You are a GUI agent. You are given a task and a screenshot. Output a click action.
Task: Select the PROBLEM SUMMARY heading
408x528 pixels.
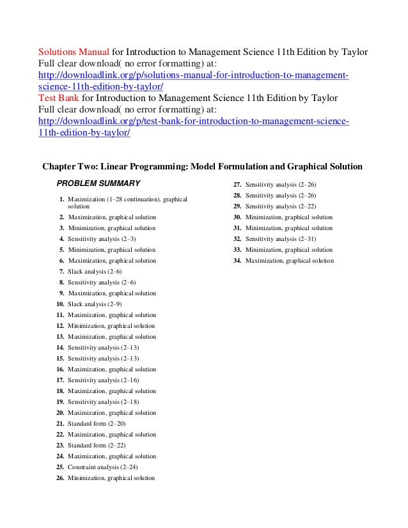(x=98, y=184)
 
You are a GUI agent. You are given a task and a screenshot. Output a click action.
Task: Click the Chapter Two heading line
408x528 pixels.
(x=202, y=167)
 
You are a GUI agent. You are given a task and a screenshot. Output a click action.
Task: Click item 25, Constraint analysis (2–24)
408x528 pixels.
(x=102, y=467)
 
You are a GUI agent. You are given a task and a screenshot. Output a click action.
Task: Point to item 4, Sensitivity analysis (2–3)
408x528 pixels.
(x=102, y=239)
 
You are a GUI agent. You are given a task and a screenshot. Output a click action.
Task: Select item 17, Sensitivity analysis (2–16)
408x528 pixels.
(x=103, y=380)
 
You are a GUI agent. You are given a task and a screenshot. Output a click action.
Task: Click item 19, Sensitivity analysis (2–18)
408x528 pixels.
(x=103, y=402)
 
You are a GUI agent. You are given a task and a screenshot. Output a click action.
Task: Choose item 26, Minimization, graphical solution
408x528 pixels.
(x=111, y=478)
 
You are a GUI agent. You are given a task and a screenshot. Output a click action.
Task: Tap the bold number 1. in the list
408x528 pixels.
(x=62, y=199)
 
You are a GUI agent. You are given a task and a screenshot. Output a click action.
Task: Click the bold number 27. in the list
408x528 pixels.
(x=237, y=184)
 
